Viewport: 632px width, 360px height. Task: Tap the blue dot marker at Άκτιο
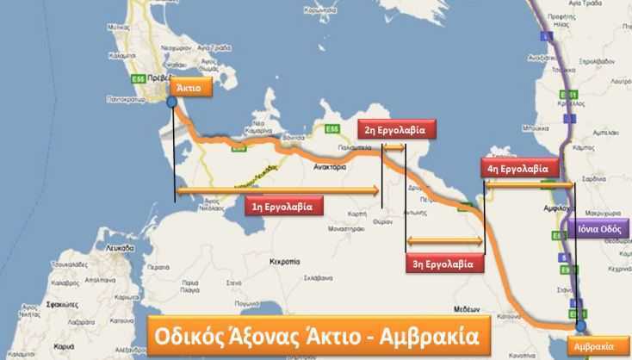point(172,102)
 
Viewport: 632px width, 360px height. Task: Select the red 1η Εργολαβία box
point(282,206)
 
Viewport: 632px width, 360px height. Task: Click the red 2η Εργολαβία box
point(397,130)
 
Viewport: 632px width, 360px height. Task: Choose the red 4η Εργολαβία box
point(521,169)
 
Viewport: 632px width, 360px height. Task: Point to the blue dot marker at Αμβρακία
point(580,326)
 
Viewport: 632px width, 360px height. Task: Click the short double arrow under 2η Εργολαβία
point(394,149)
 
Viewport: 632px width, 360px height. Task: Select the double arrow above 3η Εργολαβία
point(444,240)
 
